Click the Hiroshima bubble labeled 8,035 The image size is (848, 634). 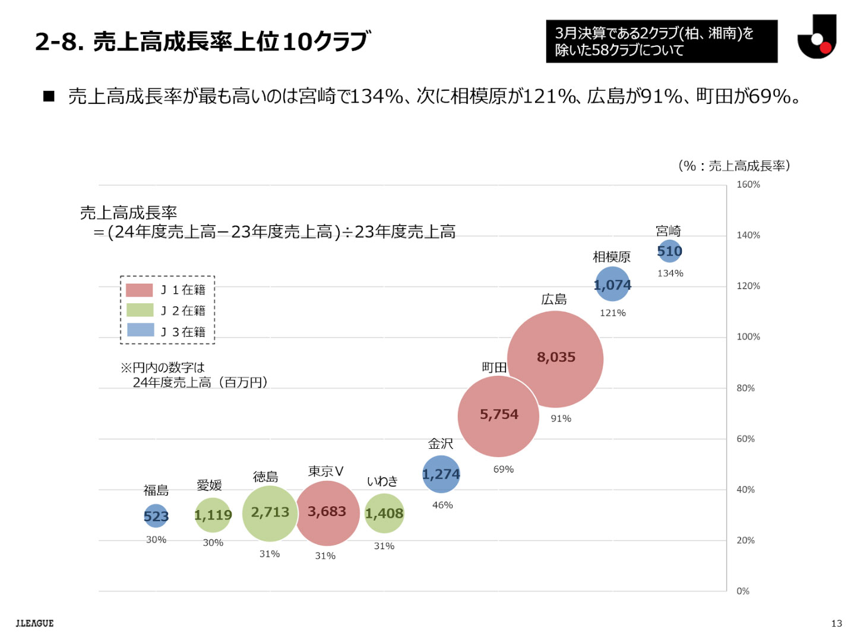pos(555,359)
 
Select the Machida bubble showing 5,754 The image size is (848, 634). pos(498,416)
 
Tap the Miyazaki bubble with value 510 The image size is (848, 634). pos(669,251)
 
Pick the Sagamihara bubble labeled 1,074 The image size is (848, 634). pos(612,284)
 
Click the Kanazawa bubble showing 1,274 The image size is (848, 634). pos(441,474)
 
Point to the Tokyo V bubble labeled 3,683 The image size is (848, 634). pos(327,513)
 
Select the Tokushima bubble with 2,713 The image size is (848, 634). pos(270,513)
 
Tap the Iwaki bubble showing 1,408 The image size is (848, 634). pos(384,513)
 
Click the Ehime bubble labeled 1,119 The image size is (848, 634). pos(213,515)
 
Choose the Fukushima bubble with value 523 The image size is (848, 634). pos(156,516)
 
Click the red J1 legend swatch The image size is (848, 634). pos(140,290)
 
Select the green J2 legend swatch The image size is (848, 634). pos(140,310)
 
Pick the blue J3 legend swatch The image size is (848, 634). pos(140,330)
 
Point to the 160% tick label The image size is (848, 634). pos(748,185)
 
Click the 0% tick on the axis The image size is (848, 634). pos(742,591)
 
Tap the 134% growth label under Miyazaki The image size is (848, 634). pos(670,274)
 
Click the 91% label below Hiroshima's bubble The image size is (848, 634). pos(561,419)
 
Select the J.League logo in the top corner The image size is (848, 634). pos(817,38)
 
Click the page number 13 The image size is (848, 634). pos(836,623)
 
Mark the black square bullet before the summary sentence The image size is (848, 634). pos(49,96)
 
